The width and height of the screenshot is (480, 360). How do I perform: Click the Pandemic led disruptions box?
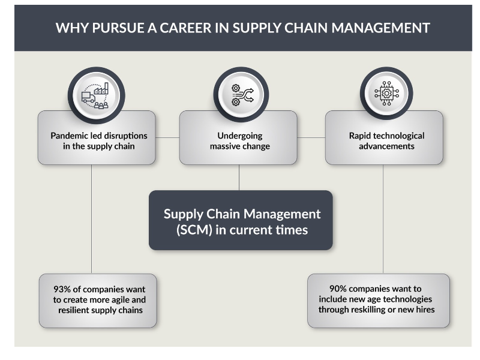click(96, 141)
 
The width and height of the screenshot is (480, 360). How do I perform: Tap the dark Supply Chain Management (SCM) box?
click(241, 220)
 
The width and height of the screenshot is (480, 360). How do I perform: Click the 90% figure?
click(340, 289)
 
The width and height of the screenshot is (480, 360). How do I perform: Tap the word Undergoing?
click(240, 136)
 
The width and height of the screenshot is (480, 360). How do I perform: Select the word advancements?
click(386, 146)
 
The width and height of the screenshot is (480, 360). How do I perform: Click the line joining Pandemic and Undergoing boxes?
click(167, 137)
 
